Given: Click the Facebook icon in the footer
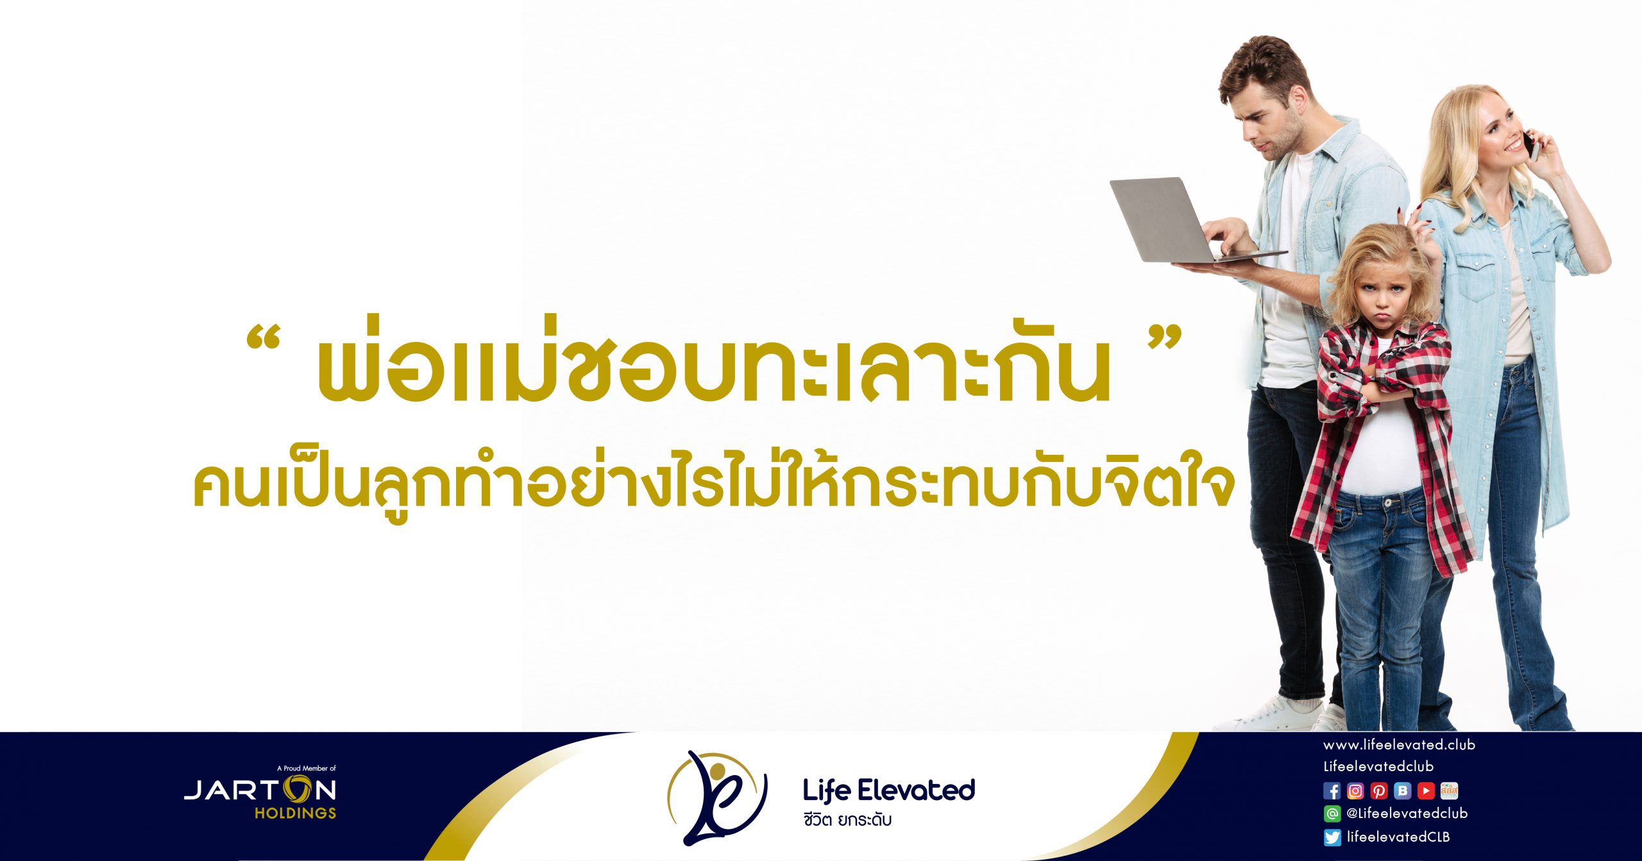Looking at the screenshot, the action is [1332, 791].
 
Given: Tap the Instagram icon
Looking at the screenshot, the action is [1355, 791].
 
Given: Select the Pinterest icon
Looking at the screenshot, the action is [1379, 791].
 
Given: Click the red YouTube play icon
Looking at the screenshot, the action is [1426, 791].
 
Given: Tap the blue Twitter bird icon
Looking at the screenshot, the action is [1332, 837].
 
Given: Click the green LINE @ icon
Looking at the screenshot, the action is [1332, 814].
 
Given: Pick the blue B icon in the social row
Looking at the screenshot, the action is [1403, 791].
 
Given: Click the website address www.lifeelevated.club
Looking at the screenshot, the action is [1399, 745].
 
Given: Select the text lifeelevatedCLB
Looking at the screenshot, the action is [1398, 837].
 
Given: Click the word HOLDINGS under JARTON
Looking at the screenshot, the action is [295, 813].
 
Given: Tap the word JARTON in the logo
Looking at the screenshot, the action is [260, 790].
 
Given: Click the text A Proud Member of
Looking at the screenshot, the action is [307, 768].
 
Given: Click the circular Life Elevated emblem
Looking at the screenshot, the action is [717, 798].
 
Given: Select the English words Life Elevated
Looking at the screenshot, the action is [889, 790].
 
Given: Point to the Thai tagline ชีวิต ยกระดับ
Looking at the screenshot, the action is [847, 820].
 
